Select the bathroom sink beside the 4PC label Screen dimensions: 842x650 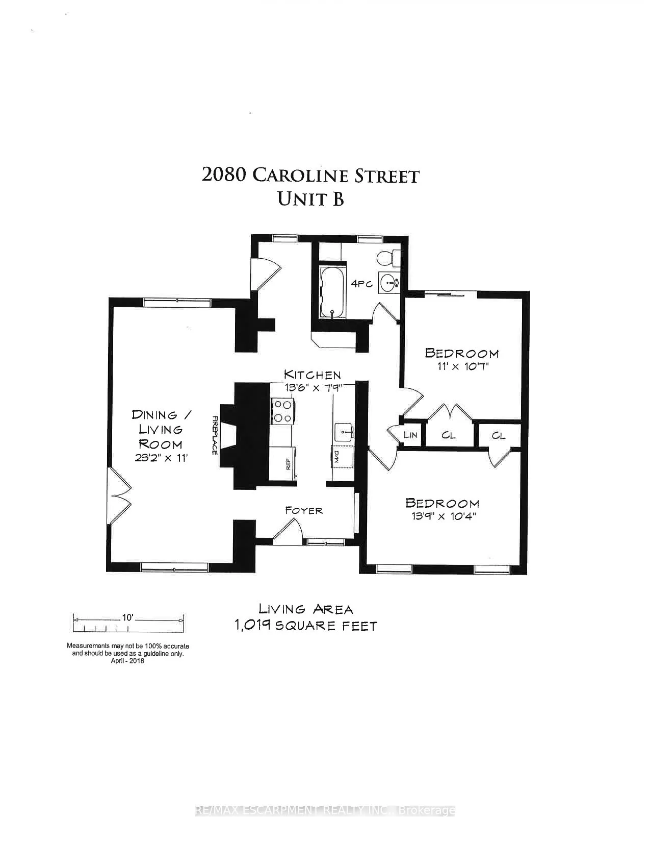click(x=390, y=283)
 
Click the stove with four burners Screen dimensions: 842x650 click(x=283, y=411)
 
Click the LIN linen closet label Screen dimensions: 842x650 click(x=410, y=435)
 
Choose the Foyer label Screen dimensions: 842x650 click(x=304, y=510)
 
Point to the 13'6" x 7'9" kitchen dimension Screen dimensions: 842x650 click(x=313, y=388)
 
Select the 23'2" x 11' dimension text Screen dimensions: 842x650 click(x=162, y=458)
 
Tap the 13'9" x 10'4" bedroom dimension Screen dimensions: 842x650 click(x=444, y=516)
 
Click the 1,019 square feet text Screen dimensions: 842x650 click(x=306, y=626)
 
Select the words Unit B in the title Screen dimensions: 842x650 click(x=310, y=199)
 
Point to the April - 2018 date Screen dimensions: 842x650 click(x=127, y=661)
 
